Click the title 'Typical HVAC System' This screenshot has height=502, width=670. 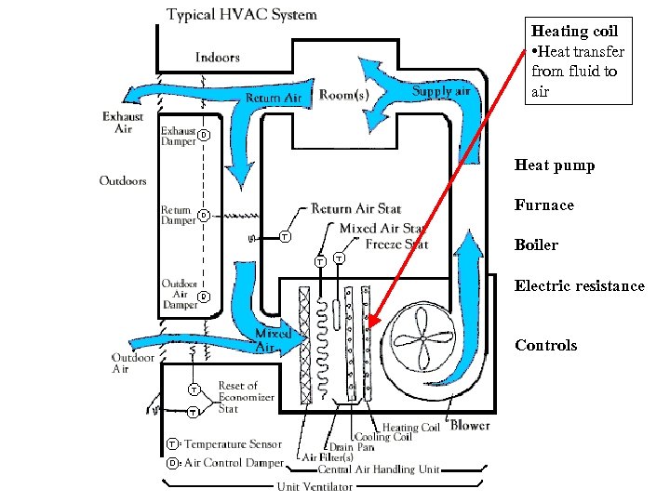(242, 15)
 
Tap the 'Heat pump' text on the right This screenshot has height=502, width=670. (555, 165)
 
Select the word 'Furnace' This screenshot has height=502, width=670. (544, 205)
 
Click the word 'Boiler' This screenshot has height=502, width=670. (536, 245)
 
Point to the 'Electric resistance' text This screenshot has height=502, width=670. (580, 286)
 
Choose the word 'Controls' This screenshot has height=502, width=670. (546, 346)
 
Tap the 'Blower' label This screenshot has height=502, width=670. (470, 426)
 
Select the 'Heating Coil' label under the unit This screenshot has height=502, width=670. (411, 428)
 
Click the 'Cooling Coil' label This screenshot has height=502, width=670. (382, 437)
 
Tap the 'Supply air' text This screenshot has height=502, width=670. (441, 91)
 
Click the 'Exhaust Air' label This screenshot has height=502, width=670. (123, 123)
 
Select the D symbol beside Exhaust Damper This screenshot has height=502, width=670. (203, 136)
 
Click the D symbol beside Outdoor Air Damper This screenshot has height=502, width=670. (204, 297)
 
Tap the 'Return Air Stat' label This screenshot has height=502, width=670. (356, 209)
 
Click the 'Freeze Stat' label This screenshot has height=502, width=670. (396, 244)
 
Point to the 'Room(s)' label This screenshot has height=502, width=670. (343, 95)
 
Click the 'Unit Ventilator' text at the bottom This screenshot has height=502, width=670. (314, 486)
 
